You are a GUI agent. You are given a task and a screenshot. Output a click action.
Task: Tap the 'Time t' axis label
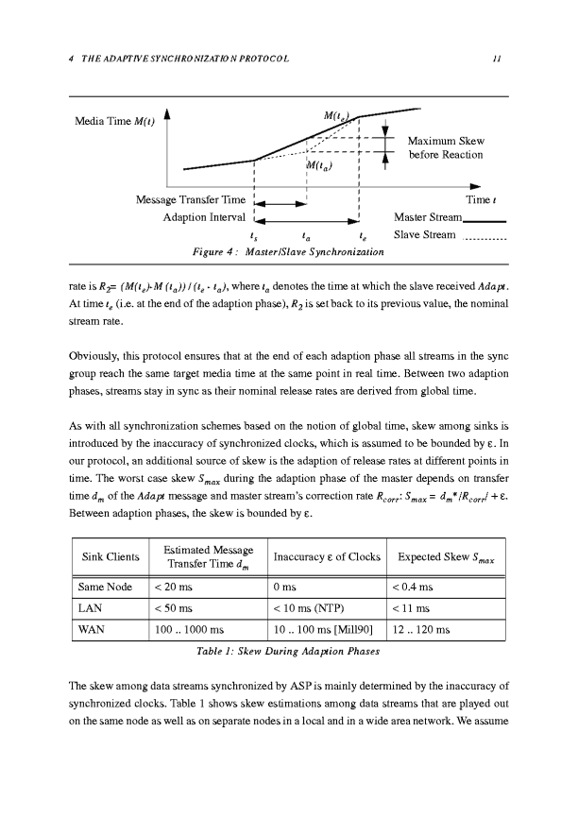pos(489,200)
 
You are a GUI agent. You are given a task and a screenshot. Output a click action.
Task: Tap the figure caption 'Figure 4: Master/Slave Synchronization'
pos(287,252)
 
